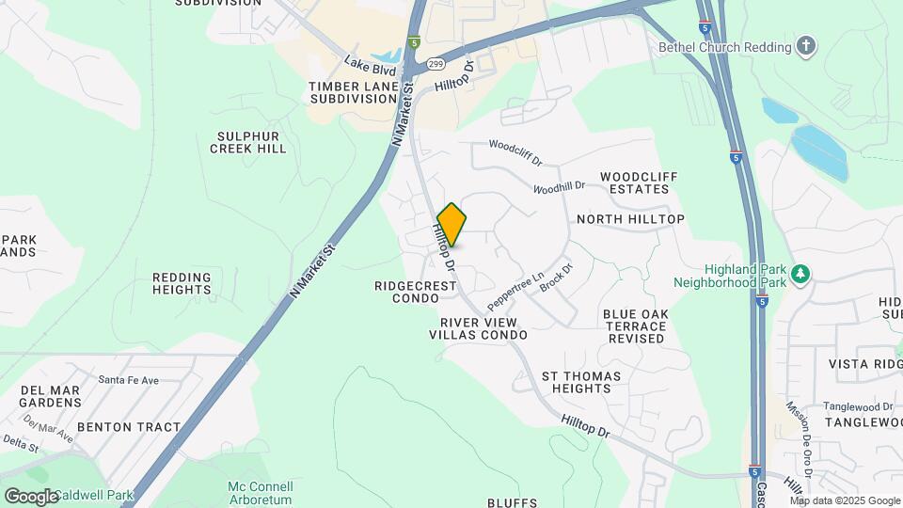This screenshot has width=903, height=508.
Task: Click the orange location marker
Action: point(451,225)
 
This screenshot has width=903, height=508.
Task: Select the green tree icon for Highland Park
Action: point(800,274)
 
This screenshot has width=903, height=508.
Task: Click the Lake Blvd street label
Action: point(369,66)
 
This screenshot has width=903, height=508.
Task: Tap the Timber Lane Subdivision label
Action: point(353,92)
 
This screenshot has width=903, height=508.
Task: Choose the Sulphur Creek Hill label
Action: point(248,142)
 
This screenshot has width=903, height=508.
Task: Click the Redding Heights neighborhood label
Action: point(182,283)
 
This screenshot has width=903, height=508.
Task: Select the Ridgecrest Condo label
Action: point(406,292)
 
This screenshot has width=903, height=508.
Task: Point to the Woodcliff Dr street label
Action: point(515,151)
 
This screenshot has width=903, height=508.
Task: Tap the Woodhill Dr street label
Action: point(559,187)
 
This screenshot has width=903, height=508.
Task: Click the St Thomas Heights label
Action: point(581,382)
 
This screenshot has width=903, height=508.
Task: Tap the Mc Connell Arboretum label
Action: point(261,493)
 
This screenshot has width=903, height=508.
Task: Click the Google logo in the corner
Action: point(31,496)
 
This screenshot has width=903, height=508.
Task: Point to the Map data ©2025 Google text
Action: point(845,500)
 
